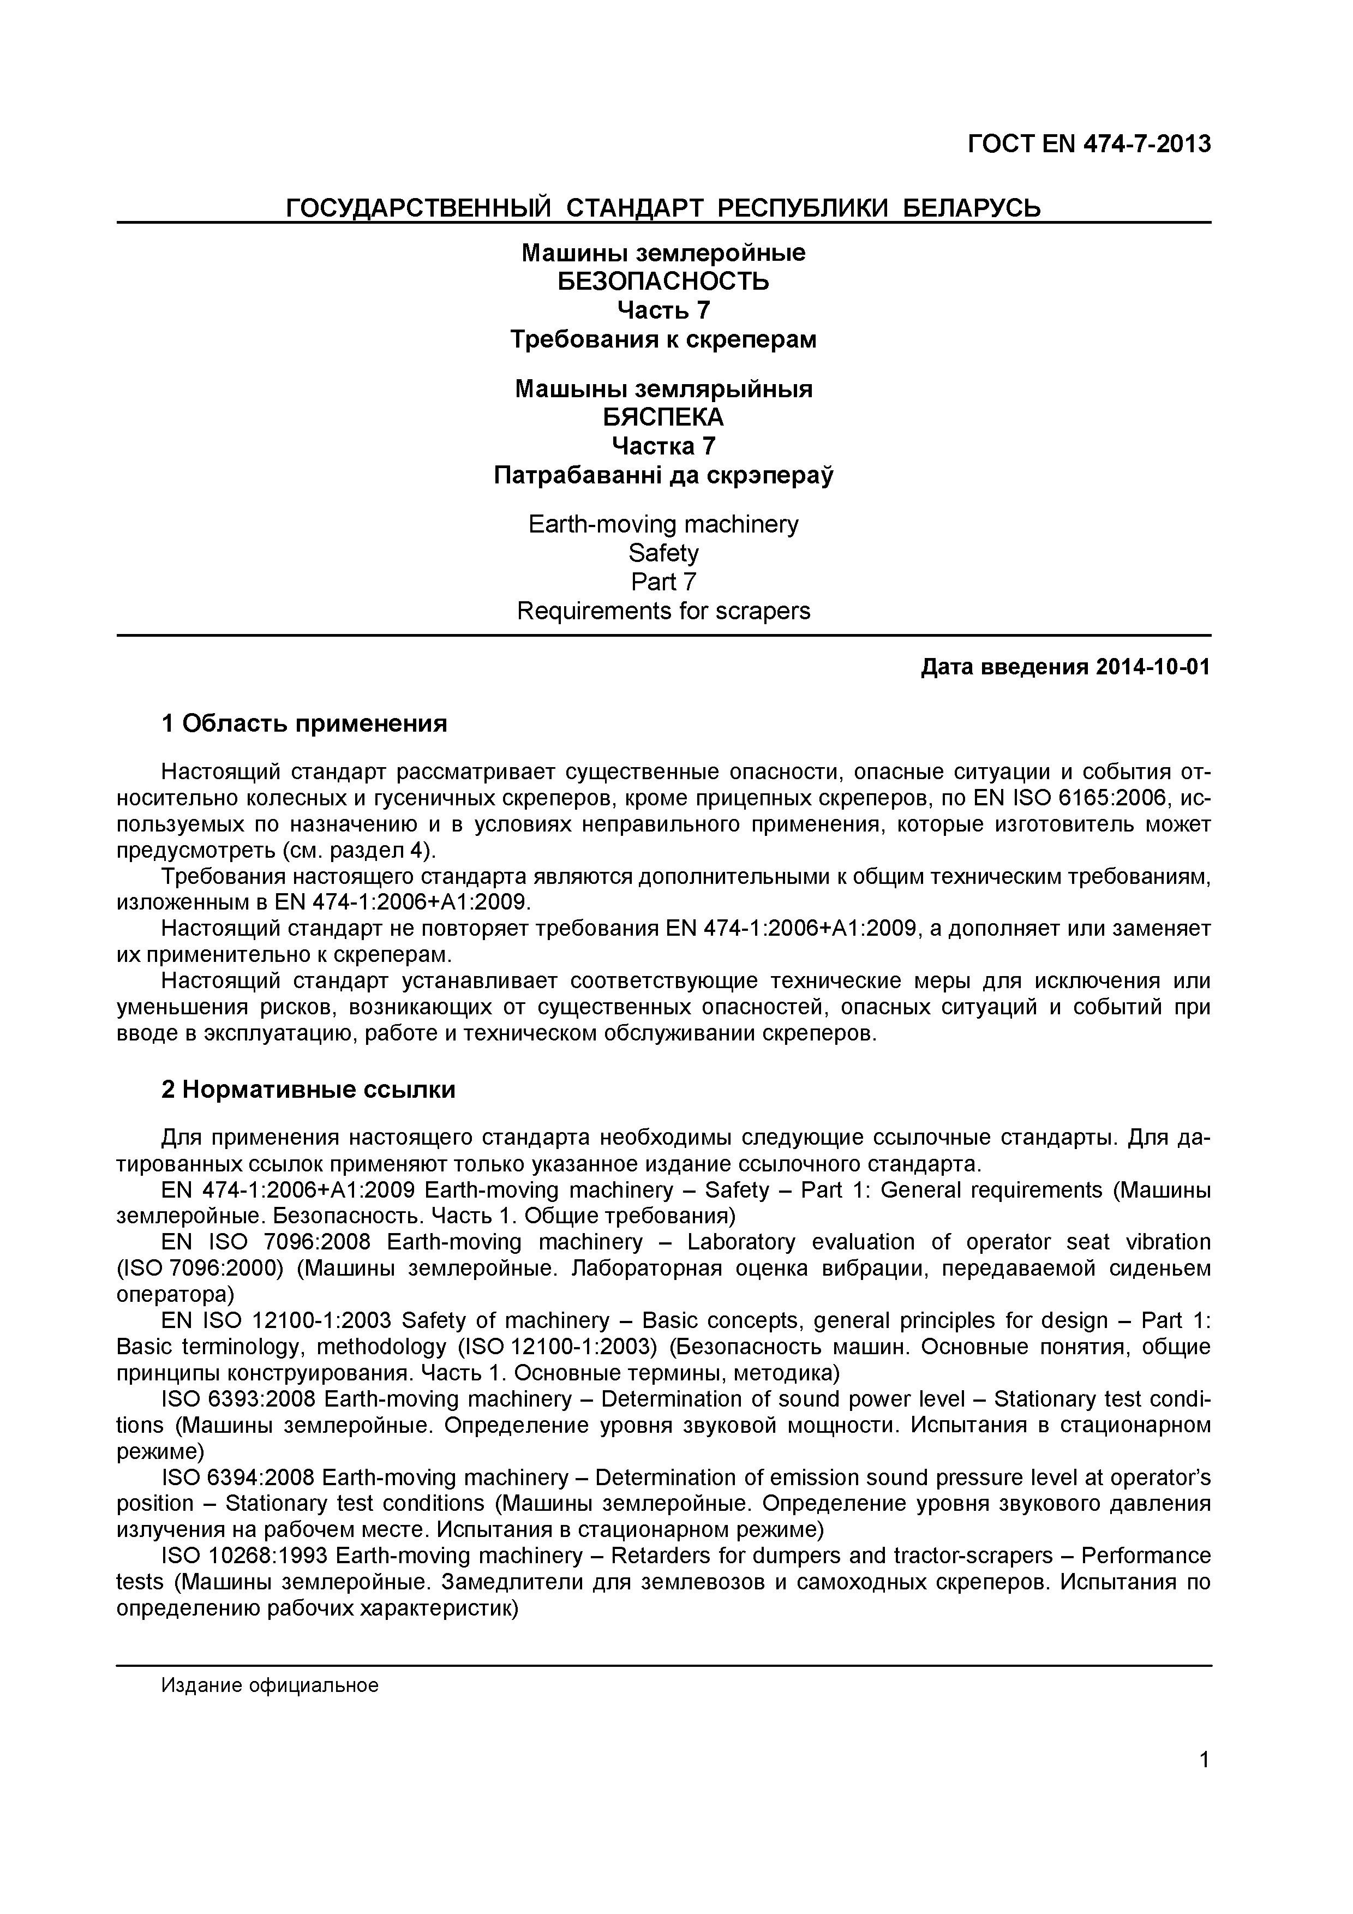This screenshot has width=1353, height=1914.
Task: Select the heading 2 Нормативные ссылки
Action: (x=308, y=1090)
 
